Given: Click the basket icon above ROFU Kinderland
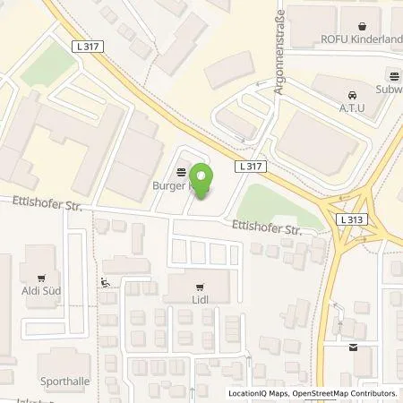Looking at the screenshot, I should pos(362,26).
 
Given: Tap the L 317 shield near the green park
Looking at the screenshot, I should pos(251,167).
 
